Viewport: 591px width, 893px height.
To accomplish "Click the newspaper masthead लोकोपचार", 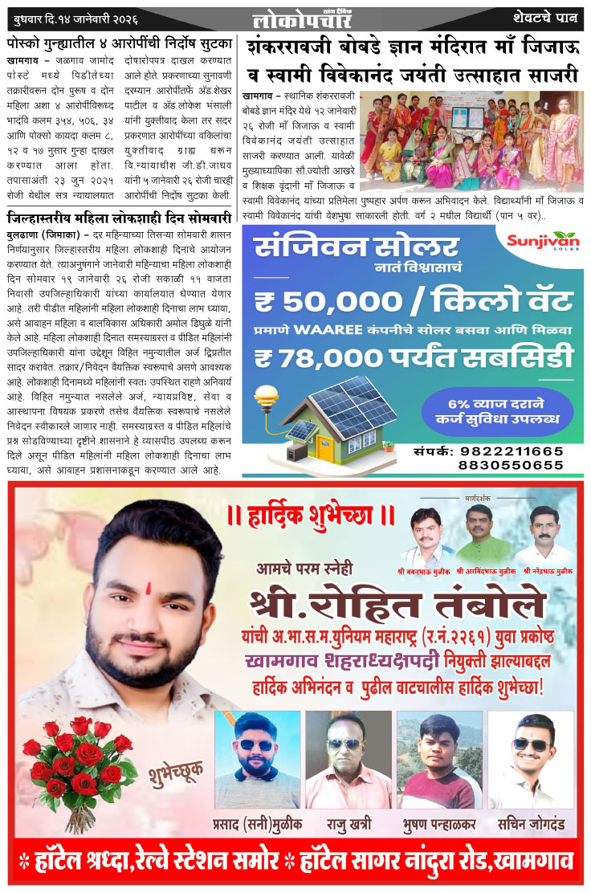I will coord(295,17).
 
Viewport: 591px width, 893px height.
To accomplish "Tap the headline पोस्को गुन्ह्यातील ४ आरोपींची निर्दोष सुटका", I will coord(120,43).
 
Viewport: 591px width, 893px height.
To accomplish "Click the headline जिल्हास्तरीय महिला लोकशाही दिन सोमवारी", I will coord(120,218).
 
